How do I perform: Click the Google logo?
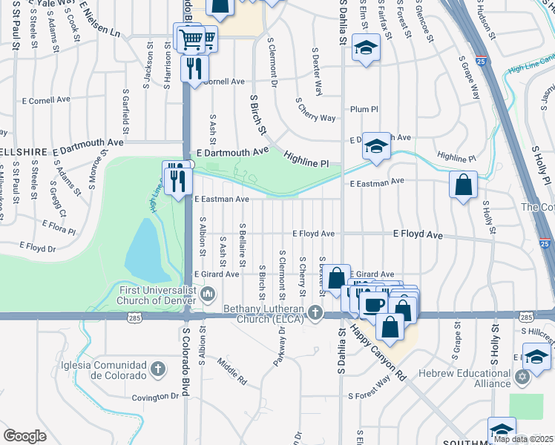tap(24, 436)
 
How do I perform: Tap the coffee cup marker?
tap(374, 304)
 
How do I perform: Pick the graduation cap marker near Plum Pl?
tap(365, 49)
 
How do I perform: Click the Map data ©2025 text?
tap(522, 439)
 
